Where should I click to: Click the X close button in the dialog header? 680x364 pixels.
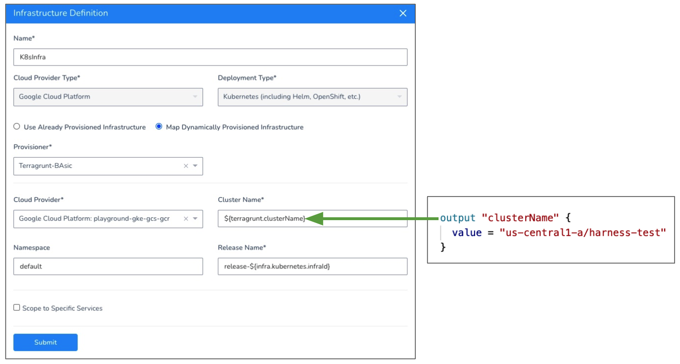pyautogui.click(x=403, y=13)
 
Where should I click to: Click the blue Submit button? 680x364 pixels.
pyautogui.click(x=45, y=342)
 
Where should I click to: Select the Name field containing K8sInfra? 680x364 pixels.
pyautogui.click(x=210, y=57)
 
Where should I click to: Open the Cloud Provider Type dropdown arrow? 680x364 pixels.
pyautogui.click(x=195, y=97)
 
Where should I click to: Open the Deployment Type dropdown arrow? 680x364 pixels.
pyautogui.click(x=400, y=97)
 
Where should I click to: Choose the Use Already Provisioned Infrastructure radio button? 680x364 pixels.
pyautogui.click(x=17, y=127)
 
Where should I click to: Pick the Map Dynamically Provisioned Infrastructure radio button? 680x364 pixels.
pyautogui.click(x=159, y=127)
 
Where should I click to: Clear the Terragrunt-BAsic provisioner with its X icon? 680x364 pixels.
pyautogui.click(x=186, y=166)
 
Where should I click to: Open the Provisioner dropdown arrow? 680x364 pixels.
pyautogui.click(x=195, y=166)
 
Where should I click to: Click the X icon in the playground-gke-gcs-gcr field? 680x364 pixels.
pyautogui.click(x=186, y=219)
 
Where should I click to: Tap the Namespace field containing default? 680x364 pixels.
pyautogui.click(x=108, y=266)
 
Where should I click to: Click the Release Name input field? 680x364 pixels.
pyautogui.click(x=313, y=266)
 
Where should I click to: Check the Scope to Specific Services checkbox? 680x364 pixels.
pyautogui.click(x=17, y=307)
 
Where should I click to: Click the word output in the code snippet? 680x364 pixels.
pyautogui.click(x=457, y=218)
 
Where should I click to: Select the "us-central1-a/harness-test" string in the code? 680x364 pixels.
pyautogui.click(x=582, y=232)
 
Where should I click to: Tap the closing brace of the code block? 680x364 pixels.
pyautogui.click(x=443, y=247)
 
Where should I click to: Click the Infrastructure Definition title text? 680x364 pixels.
pyautogui.click(x=61, y=13)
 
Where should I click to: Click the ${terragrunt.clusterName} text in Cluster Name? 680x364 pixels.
pyautogui.click(x=265, y=218)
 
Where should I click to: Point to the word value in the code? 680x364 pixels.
pyautogui.click(x=467, y=232)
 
